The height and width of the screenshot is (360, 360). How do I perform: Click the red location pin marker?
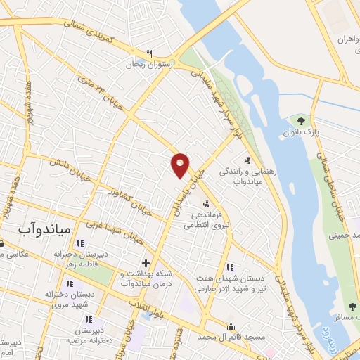point(180,165)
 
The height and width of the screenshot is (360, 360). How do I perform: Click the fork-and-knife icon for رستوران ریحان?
point(149,53)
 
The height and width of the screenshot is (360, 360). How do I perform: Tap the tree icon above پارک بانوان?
point(303,121)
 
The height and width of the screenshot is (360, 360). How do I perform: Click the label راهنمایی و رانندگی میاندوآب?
point(243,176)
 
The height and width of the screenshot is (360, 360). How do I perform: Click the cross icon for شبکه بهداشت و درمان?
point(145,263)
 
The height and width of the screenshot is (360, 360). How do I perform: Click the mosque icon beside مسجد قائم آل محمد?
point(231,326)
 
